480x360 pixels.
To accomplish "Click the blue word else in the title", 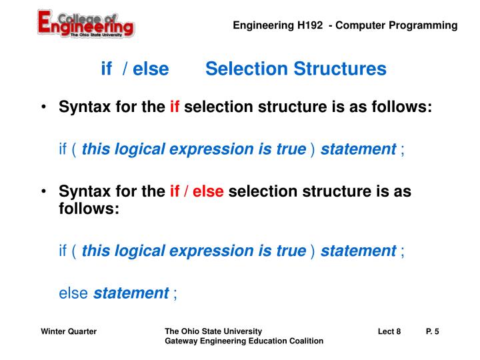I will [x=151, y=69].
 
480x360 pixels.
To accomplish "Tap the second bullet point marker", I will [x=44, y=192].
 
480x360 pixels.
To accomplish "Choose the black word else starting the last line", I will [x=74, y=293].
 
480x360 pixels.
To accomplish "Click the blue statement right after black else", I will [x=131, y=293].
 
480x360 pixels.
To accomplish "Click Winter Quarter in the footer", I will [x=69, y=331].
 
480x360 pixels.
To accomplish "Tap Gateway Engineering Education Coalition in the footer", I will [x=244, y=341].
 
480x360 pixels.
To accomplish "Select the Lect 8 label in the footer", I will [x=389, y=331].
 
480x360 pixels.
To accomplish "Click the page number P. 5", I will [x=432, y=331].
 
